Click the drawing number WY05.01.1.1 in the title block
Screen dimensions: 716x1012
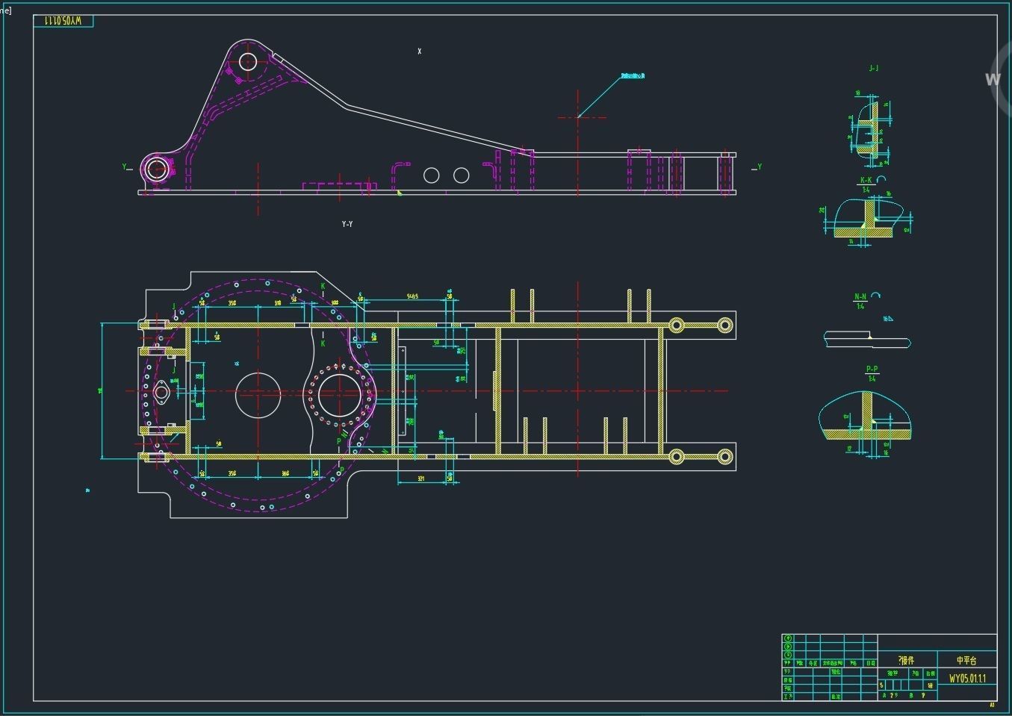[967, 679]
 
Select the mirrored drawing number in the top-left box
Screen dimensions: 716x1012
[63, 21]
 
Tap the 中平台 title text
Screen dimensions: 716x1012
[966, 661]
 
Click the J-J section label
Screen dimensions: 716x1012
[874, 69]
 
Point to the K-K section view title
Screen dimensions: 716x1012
[866, 181]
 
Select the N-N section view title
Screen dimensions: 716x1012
[860, 297]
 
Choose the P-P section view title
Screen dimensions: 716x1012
[872, 370]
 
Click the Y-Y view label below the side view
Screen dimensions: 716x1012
[347, 224]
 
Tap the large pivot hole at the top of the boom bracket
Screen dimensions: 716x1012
[248, 61]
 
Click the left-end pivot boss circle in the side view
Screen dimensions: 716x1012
[156, 169]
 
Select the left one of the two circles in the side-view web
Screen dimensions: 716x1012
[431, 175]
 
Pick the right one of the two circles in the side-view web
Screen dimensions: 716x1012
[462, 175]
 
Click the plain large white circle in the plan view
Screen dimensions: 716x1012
[258, 395]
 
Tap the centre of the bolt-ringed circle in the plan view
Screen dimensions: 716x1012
[340, 395]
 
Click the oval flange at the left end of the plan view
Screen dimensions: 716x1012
[160, 393]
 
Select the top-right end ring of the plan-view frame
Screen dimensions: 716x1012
[724, 325]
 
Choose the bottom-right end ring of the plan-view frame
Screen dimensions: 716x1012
[724, 457]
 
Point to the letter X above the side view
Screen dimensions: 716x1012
[420, 52]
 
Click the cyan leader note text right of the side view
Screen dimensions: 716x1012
[633, 75]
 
